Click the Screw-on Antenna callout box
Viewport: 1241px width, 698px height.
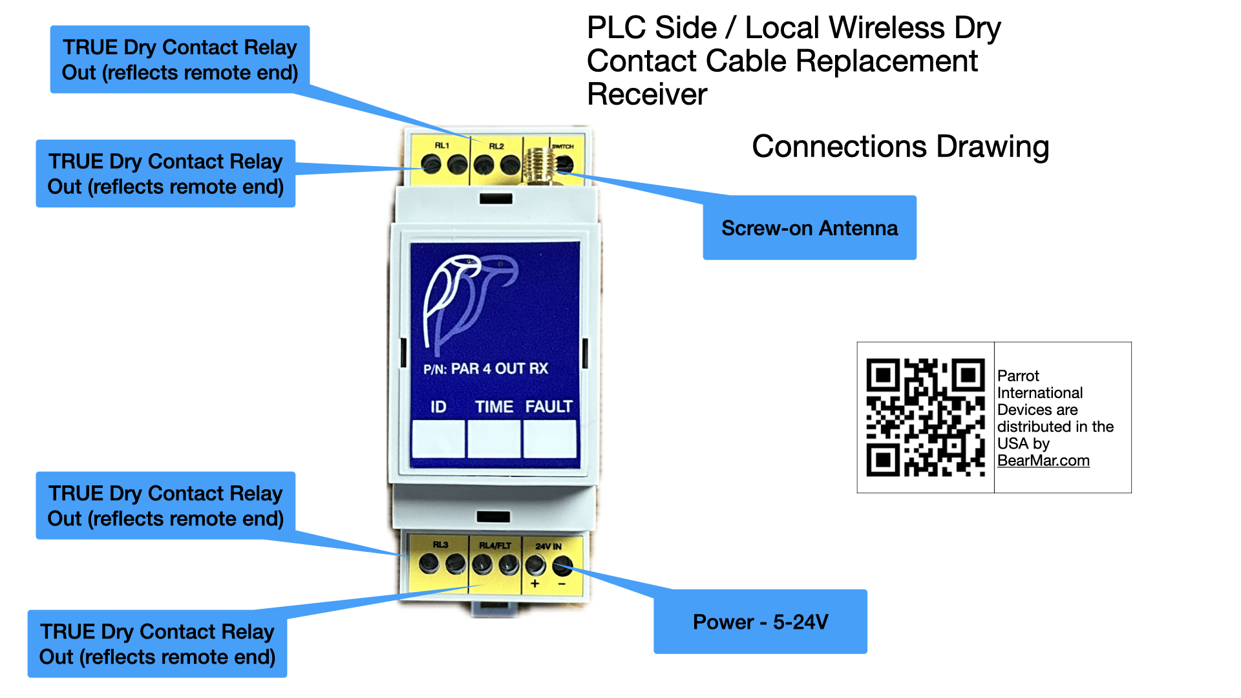[809, 227]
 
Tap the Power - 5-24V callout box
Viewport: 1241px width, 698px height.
[760, 621]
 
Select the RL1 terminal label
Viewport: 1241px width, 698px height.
[442, 145]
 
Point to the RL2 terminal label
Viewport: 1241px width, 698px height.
[496, 146]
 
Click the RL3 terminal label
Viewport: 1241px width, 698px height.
[441, 545]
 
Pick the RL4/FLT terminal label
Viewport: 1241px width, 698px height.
[495, 545]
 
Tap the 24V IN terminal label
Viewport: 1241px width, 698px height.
[548, 546]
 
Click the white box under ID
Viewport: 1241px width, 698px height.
[438, 439]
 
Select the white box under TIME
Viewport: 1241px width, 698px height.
[494, 439]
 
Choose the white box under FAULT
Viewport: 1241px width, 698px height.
[549, 439]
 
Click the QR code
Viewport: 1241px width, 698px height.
[926, 418]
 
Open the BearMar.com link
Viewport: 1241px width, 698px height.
[1043, 461]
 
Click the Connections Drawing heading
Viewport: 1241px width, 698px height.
[900, 147]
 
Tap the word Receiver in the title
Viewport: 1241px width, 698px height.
[647, 94]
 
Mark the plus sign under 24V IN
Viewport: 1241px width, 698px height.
[535, 584]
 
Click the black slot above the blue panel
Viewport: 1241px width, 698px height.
[496, 198]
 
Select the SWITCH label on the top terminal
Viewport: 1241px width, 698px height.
[562, 147]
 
